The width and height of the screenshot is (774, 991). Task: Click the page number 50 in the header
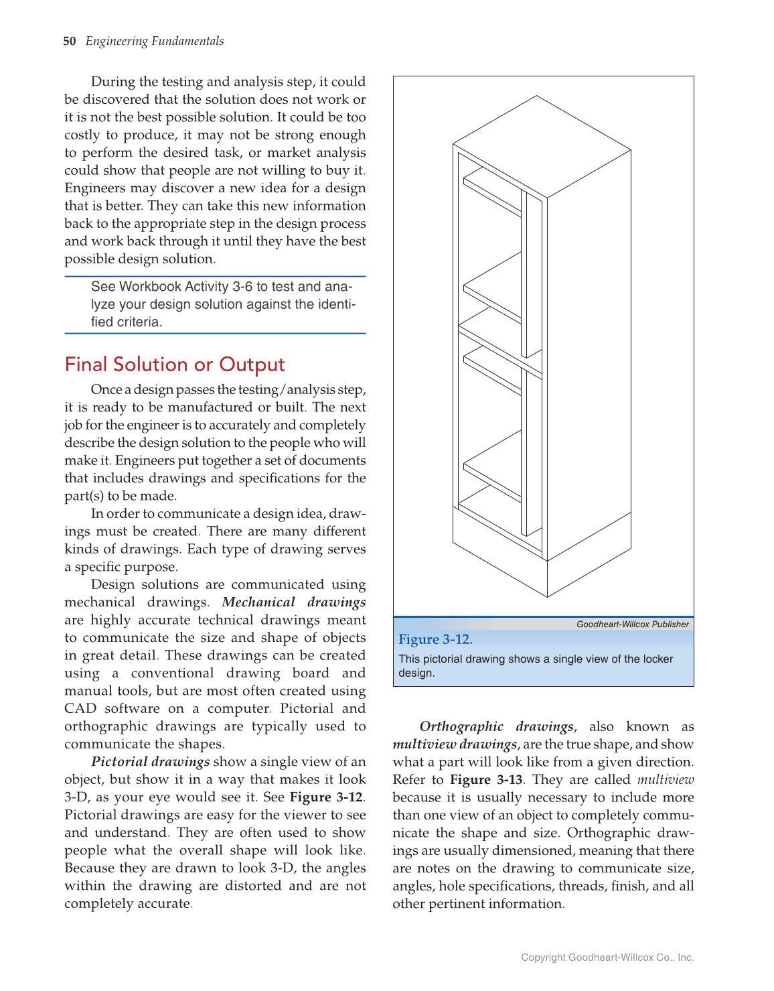(x=70, y=41)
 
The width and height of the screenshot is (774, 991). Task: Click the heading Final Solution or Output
(x=175, y=365)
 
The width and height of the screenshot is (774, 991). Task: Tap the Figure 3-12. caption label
(x=435, y=639)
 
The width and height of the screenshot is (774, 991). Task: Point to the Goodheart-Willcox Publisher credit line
(x=632, y=624)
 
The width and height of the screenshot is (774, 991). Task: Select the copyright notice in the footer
(x=607, y=957)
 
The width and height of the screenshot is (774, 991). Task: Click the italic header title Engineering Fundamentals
(x=155, y=41)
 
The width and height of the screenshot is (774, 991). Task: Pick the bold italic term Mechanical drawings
(x=293, y=602)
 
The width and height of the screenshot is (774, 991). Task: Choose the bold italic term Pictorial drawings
(x=151, y=762)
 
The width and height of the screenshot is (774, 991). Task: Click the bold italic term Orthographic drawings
(x=496, y=727)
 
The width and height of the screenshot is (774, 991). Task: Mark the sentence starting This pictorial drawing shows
(x=536, y=665)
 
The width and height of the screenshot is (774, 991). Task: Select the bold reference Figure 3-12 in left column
(x=327, y=797)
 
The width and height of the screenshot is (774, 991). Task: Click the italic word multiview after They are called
(x=665, y=780)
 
